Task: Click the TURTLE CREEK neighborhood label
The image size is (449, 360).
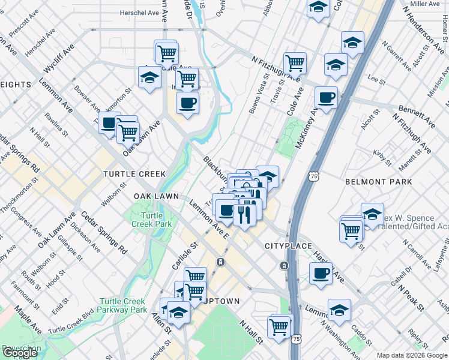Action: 134,174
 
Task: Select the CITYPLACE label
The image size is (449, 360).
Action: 289,247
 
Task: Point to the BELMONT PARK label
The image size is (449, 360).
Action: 379,181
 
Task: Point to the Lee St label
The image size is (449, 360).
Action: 376,79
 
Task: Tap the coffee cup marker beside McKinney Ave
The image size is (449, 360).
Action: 326,98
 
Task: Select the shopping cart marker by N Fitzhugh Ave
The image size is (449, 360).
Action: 295,62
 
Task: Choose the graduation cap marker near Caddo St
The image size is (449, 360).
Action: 340,310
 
